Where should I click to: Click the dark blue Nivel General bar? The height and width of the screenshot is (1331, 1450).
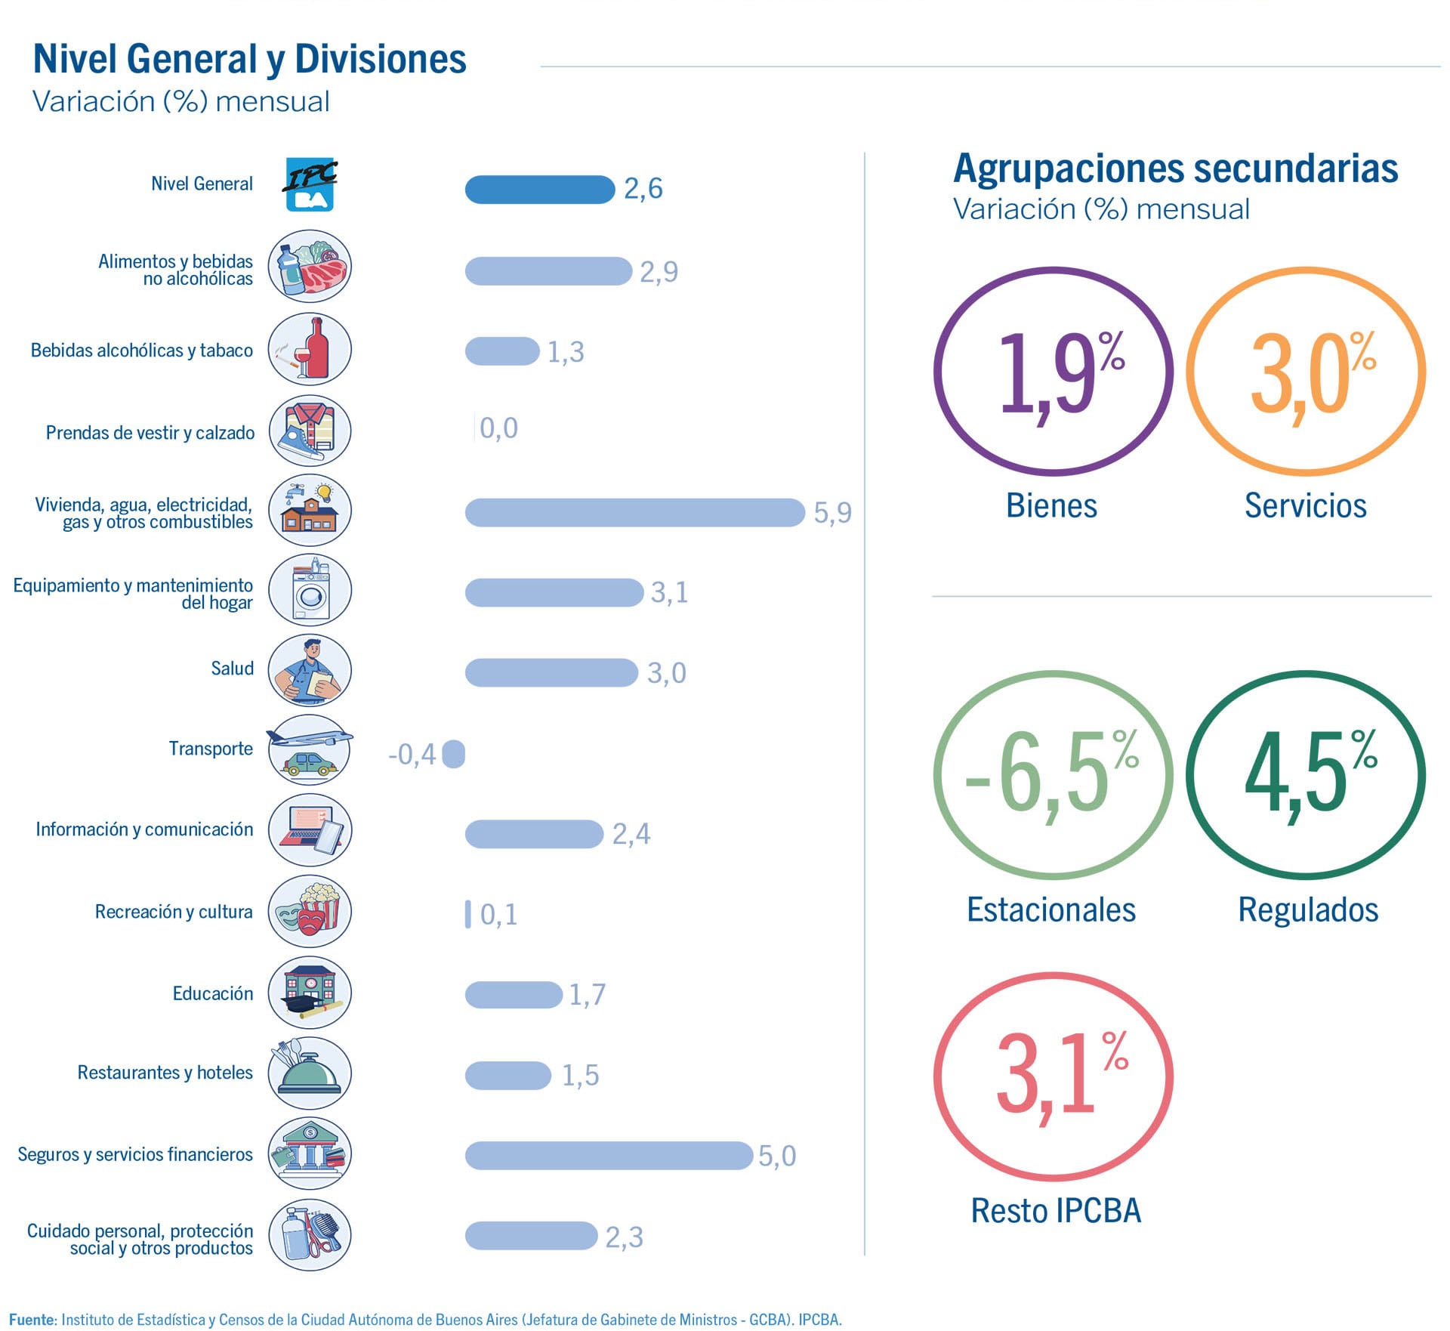(x=539, y=190)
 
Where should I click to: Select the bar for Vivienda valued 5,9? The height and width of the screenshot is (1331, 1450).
(x=634, y=512)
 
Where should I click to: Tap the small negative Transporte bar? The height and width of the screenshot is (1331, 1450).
(x=453, y=754)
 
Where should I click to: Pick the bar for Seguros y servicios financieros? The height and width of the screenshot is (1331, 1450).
(x=609, y=1156)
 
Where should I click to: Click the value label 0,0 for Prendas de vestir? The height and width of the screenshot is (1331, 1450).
(x=498, y=428)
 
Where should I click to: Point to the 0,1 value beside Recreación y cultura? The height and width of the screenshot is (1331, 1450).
(x=498, y=915)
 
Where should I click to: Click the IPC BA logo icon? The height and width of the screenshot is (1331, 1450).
(x=310, y=184)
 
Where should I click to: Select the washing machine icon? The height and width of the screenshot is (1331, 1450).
(x=310, y=591)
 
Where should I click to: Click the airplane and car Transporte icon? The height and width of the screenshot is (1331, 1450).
(x=310, y=749)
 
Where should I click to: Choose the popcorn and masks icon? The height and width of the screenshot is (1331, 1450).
(x=310, y=911)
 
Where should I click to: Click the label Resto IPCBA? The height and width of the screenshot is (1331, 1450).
(x=1055, y=1211)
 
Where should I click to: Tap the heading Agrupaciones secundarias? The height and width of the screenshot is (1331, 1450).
(x=1175, y=168)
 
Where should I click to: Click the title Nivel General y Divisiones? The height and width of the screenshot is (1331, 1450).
(x=249, y=59)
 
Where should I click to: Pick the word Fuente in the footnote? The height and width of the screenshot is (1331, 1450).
(x=32, y=1320)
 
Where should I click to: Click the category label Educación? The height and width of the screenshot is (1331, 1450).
(x=212, y=993)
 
